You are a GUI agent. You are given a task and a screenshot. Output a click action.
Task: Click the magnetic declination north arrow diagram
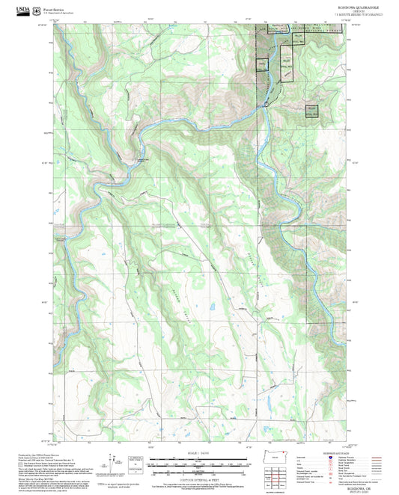115,463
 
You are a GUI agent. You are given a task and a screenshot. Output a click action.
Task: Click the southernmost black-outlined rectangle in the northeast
311,110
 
